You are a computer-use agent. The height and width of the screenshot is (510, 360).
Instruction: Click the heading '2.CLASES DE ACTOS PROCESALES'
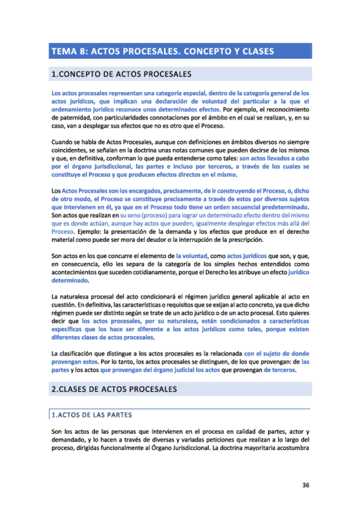[x=114, y=390]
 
